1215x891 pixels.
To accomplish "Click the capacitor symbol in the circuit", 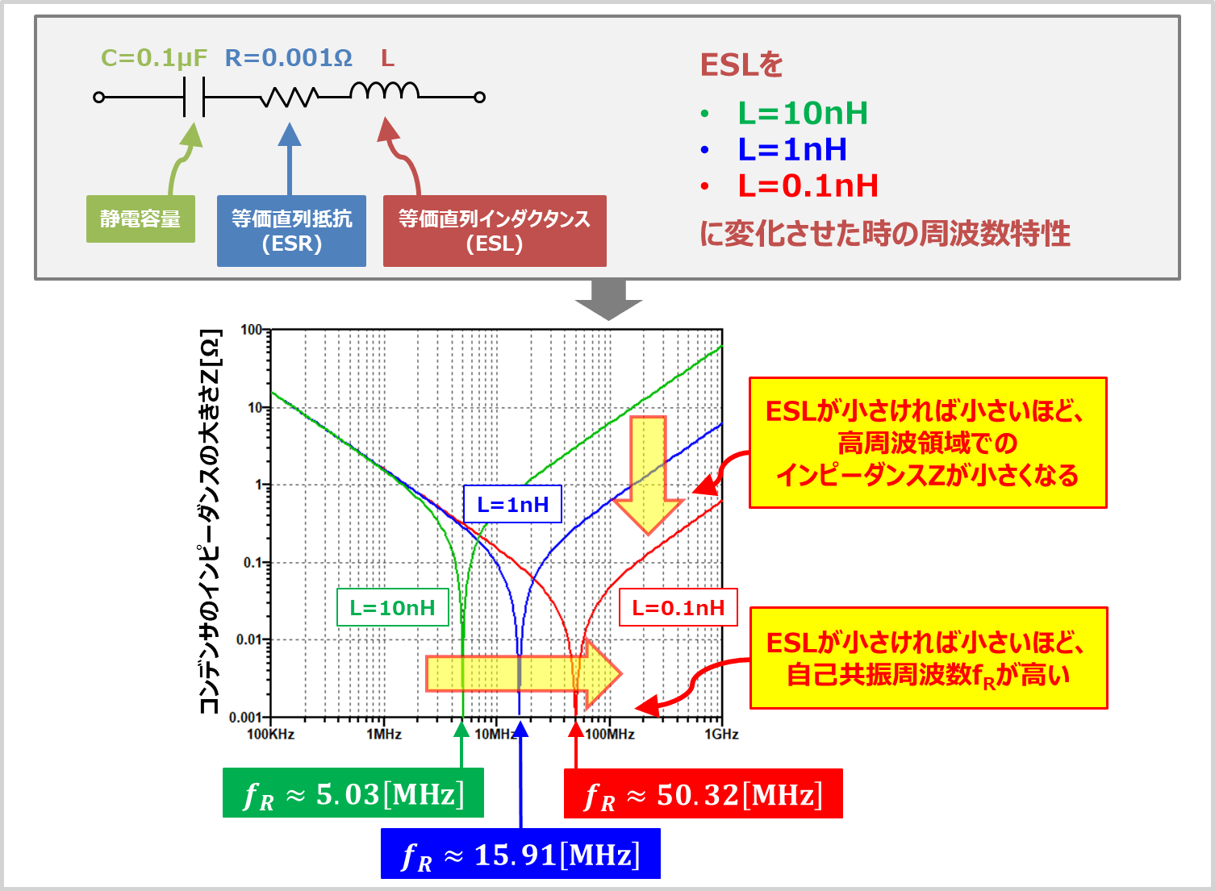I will (194, 97).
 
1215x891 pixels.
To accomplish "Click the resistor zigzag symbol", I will (289, 98).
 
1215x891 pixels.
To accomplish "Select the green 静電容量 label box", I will (140, 219).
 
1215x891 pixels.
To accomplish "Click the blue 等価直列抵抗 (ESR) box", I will (291, 231).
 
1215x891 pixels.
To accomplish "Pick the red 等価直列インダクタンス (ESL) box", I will (495, 231).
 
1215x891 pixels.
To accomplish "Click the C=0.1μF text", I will (154, 58).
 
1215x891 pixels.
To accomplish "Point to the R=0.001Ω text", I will (289, 58).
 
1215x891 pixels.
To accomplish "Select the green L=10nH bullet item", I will (802, 113).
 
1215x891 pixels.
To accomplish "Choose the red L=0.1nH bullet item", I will (808, 185).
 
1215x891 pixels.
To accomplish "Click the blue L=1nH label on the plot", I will (512, 505).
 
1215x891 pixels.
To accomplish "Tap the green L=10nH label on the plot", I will (392, 608).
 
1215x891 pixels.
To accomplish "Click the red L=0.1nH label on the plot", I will (678, 608).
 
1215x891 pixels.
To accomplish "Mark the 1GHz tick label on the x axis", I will (720, 734).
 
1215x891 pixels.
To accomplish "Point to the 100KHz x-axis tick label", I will (270, 734).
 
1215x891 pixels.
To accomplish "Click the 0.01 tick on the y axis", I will (250, 639).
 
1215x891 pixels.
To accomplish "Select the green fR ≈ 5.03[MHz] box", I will (353, 794).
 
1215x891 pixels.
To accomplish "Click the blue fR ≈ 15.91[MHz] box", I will (520, 854).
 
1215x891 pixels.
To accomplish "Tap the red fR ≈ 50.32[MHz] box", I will (703, 794).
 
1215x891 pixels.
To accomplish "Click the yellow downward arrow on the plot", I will (648, 476).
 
